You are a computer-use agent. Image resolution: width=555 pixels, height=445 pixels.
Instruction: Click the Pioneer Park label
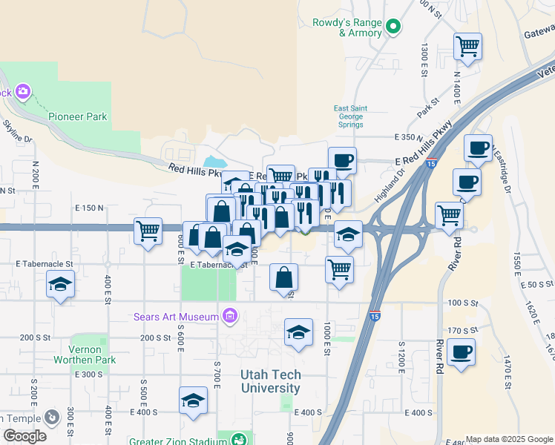78,116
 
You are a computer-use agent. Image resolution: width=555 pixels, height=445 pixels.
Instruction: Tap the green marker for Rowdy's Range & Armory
394,28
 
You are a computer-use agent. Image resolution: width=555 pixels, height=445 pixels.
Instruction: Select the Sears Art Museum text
177,317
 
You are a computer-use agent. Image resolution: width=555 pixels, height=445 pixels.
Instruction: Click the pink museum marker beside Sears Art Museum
230,317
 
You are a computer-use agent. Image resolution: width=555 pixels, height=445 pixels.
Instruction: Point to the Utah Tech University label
270,382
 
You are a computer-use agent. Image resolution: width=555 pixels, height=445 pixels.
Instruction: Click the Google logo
24,436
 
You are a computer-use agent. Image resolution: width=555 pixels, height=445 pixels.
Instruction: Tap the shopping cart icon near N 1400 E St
468,46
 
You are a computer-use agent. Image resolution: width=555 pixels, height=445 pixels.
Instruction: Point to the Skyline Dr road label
17,131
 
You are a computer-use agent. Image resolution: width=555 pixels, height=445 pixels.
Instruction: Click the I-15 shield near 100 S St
375,316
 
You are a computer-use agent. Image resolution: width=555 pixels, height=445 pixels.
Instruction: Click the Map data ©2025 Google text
508,439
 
